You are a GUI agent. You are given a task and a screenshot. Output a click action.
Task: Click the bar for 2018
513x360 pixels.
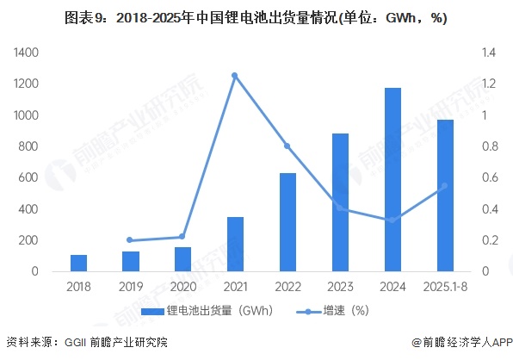click(x=78, y=263)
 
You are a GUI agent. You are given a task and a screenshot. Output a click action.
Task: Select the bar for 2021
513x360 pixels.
click(x=235, y=244)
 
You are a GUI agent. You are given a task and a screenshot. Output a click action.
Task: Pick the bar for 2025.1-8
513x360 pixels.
click(x=444, y=196)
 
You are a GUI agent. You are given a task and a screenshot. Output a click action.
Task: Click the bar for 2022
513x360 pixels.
click(x=287, y=222)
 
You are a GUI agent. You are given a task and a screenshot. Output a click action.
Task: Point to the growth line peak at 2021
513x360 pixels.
click(x=235, y=76)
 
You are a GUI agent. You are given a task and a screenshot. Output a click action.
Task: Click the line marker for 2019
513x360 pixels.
click(x=130, y=240)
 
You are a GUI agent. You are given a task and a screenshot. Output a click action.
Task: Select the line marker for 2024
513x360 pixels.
click(x=392, y=220)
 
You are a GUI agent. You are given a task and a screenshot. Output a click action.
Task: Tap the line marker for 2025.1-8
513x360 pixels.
click(x=444, y=185)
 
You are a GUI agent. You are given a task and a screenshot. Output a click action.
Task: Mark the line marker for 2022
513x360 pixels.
click(x=287, y=146)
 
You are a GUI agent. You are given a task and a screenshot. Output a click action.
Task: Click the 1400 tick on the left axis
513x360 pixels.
click(x=26, y=53)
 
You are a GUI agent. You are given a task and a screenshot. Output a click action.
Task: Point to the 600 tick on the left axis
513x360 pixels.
click(x=29, y=178)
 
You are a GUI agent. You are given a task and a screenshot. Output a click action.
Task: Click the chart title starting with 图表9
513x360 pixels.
click(x=256, y=17)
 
